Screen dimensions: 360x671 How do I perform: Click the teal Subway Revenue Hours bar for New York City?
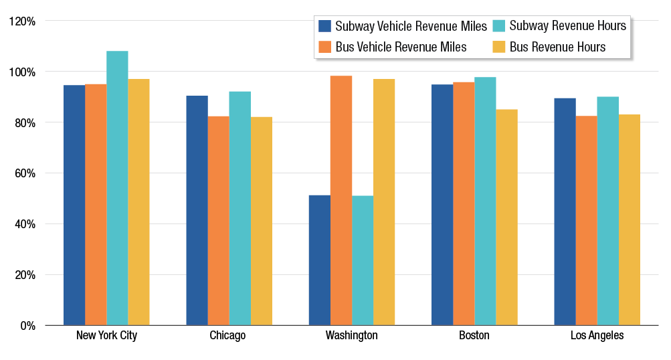coord(117,188)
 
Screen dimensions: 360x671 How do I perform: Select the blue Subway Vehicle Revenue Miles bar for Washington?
coord(319,260)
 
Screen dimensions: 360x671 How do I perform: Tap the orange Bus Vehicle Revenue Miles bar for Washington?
coord(341,201)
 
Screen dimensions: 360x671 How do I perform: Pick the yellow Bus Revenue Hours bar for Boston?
coord(506,217)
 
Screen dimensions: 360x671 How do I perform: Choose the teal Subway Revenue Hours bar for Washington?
coord(363,260)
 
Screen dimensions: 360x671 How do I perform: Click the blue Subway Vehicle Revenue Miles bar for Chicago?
coord(197,211)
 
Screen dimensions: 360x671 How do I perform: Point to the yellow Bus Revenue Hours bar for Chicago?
coord(262,221)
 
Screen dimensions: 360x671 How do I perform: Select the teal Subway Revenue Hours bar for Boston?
coord(485,201)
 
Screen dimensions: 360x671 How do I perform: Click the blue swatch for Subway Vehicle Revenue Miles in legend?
coord(325,26)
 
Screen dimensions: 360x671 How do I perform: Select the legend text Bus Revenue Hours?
coord(557,47)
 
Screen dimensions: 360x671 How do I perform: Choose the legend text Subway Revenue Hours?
coord(567,26)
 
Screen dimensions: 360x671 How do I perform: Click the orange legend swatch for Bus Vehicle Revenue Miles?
coord(325,47)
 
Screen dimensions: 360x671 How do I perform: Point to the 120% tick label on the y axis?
coord(22,21)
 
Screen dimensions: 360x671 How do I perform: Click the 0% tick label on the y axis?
coord(27,326)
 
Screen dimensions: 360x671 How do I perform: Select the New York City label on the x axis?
coord(106,336)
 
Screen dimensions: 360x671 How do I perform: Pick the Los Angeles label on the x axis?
coord(597,336)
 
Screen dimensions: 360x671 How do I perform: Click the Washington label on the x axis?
coord(352,336)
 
